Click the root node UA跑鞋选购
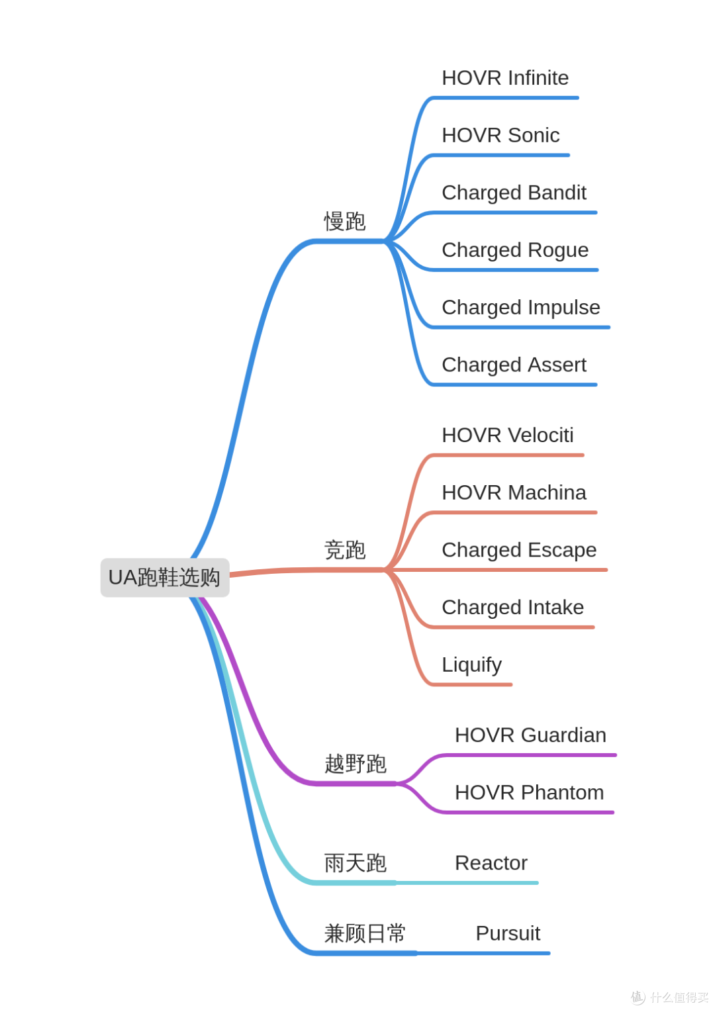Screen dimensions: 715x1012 pos(164,577)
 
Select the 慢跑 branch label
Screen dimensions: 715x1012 pos(344,221)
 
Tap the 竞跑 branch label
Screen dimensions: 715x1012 pos(344,550)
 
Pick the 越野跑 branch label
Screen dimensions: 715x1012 pos(356,764)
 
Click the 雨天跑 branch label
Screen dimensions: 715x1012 pos(356,863)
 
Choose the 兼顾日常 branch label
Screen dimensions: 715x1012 pos(365,933)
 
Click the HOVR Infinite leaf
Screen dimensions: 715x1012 pos(505,77)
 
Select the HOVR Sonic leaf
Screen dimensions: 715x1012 pos(501,135)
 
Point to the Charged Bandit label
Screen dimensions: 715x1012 pos(514,193)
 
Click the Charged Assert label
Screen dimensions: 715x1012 pos(514,365)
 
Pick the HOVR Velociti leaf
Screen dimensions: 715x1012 pos(508,435)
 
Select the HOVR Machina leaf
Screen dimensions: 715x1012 pos(514,492)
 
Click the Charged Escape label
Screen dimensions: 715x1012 pos(519,551)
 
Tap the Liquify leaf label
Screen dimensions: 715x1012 pos(472,665)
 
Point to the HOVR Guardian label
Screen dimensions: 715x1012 pos(530,735)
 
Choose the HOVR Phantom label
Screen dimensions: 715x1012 pos(529,792)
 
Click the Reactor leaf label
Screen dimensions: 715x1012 pos(491,863)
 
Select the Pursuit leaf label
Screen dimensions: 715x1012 pos(508,933)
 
